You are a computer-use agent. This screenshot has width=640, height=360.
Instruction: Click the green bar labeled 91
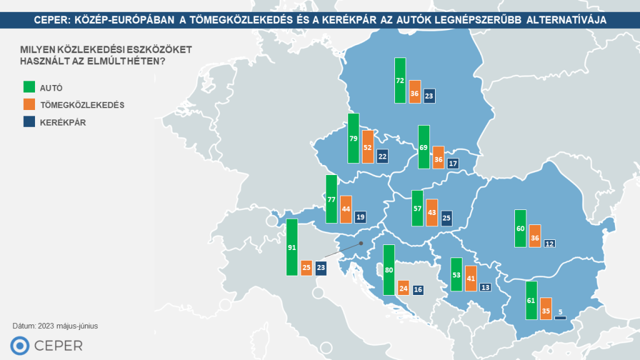(x=291, y=247)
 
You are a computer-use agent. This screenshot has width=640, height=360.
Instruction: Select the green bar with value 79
(x=354, y=138)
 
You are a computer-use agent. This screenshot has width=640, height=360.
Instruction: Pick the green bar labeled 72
(x=400, y=81)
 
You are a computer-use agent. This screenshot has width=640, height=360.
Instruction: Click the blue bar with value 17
(x=453, y=163)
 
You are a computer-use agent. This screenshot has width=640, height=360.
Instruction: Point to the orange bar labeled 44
(x=346, y=211)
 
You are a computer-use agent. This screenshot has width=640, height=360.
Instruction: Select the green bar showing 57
(x=417, y=208)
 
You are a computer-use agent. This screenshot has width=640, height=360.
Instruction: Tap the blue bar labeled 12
(x=549, y=243)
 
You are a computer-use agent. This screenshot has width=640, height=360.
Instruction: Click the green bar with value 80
(x=389, y=269)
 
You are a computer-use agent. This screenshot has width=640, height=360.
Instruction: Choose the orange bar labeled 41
(x=471, y=278)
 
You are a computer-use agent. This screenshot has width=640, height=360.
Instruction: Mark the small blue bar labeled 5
(x=560, y=318)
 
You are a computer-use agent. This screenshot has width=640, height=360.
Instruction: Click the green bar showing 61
(x=531, y=301)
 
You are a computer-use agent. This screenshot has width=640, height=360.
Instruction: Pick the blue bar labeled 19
(x=361, y=217)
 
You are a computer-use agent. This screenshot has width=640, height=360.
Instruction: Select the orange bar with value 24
(x=403, y=287)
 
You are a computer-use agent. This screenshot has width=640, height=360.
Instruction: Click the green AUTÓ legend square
(x=28, y=87)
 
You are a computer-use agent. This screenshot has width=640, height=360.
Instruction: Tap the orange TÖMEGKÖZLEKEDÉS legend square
(x=28, y=104)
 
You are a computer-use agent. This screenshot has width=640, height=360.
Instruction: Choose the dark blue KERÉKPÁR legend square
(x=28, y=122)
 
